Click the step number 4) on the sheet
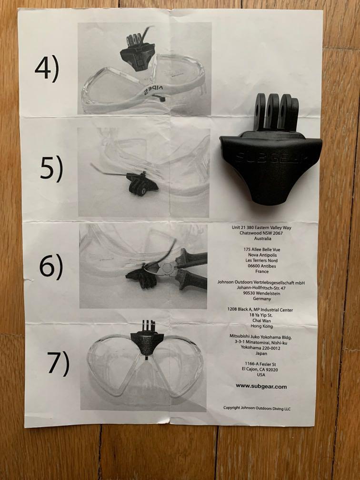(x=47, y=69)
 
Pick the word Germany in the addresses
(x=262, y=299)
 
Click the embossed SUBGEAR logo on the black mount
(x=270, y=157)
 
